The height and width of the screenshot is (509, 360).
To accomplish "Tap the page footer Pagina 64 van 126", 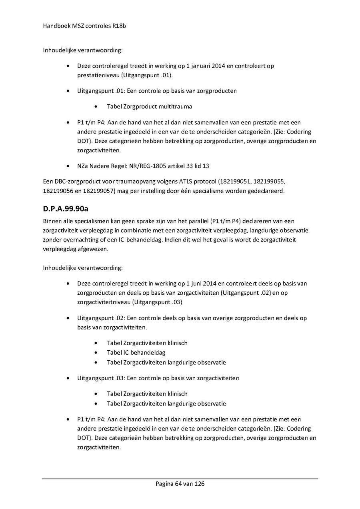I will [180, 484].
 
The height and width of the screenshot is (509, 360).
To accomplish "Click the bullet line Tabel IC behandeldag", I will [136, 353].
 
